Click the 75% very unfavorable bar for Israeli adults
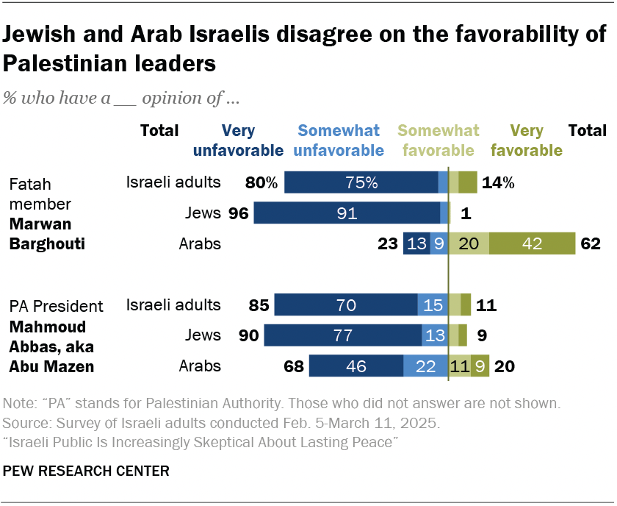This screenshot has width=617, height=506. [361, 182]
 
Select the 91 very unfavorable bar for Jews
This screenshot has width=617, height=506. [347, 213]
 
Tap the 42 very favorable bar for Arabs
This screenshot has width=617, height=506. [533, 243]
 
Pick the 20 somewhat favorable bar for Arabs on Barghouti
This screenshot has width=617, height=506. [469, 243]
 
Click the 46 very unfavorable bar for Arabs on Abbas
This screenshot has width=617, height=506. [356, 366]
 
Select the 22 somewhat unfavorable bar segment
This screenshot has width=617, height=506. [426, 366]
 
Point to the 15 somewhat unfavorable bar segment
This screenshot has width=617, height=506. [433, 304]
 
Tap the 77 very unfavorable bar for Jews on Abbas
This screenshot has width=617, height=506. [343, 335]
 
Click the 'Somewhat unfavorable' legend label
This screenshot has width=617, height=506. [339, 140]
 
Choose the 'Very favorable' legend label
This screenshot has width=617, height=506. [526, 140]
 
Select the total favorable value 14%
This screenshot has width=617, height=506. [497, 182]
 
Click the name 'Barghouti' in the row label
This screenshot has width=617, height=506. [46, 243]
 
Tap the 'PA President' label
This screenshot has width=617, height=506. [56, 305]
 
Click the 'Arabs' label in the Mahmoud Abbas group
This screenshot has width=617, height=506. [201, 366]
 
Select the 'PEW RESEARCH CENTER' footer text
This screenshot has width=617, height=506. [86, 470]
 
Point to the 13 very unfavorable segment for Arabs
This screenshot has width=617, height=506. [416, 243]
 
